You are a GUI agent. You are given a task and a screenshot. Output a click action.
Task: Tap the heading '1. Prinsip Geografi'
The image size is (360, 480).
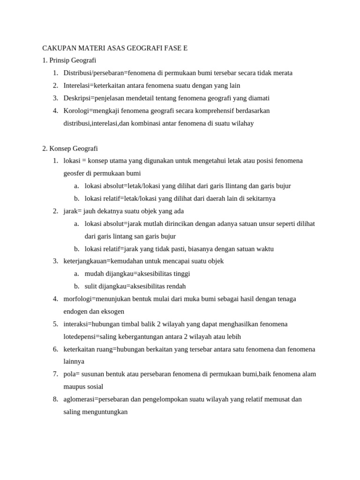tap(69, 60)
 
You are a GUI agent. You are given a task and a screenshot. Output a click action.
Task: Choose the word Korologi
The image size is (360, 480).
tap(75, 111)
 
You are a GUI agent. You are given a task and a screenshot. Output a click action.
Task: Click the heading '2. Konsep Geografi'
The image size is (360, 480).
tap(70, 149)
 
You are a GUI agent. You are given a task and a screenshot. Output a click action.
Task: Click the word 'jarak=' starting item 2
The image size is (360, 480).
tap(72, 211)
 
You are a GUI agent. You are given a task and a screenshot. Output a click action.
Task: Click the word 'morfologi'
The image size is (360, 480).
tap(77, 299)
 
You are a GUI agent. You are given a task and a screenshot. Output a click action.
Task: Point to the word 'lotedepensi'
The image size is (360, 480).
tap(79, 337)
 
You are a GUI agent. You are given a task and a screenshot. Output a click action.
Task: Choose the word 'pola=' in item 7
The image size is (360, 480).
tap(71, 374)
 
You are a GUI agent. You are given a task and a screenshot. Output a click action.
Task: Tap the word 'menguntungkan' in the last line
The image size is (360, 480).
tap(105, 412)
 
